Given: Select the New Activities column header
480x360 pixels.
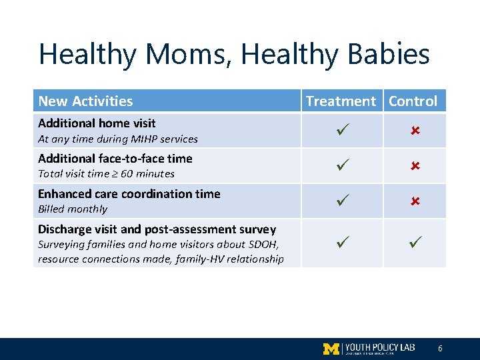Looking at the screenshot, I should (85, 101).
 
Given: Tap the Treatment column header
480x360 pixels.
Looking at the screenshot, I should (341, 101).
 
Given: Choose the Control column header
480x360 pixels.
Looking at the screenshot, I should (413, 101).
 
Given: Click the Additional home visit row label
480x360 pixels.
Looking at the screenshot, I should (97, 123).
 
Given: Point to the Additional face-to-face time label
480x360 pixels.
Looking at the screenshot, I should (115, 159).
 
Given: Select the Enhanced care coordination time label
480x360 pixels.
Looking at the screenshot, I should (129, 194).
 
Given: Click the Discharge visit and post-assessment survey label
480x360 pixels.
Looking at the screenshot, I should (157, 229).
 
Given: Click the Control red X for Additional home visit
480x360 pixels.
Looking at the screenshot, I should (414, 131).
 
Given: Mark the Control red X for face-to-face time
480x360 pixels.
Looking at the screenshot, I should (414, 166).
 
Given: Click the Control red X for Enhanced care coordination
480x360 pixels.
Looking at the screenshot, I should (414, 201).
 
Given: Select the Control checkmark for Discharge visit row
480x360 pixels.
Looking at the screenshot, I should (414, 243).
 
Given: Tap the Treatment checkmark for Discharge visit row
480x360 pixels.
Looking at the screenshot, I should (341, 243).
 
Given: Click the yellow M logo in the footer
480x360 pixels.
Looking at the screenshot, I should (331, 349).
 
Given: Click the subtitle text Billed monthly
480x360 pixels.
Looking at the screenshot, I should (72, 209).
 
